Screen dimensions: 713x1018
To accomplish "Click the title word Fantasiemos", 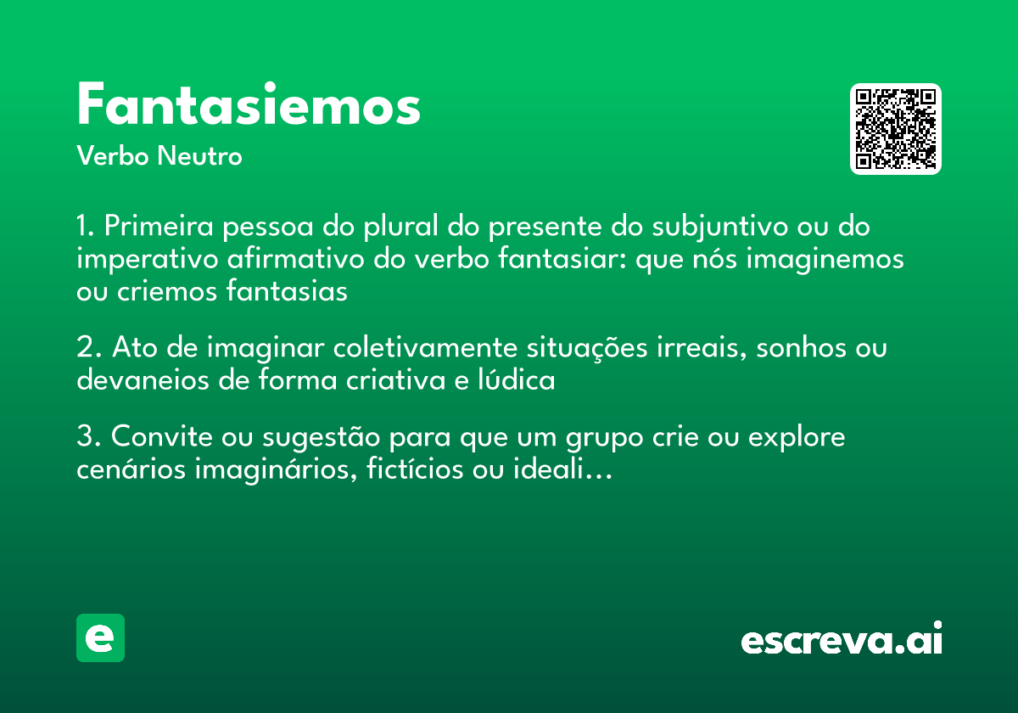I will click(249, 106).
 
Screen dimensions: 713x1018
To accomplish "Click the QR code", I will click(895, 129).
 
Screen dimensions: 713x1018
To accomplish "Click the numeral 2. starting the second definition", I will click(88, 349).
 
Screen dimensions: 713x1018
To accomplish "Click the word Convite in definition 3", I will click(161, 438).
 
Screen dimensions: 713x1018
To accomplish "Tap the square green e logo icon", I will click(100, 638).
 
